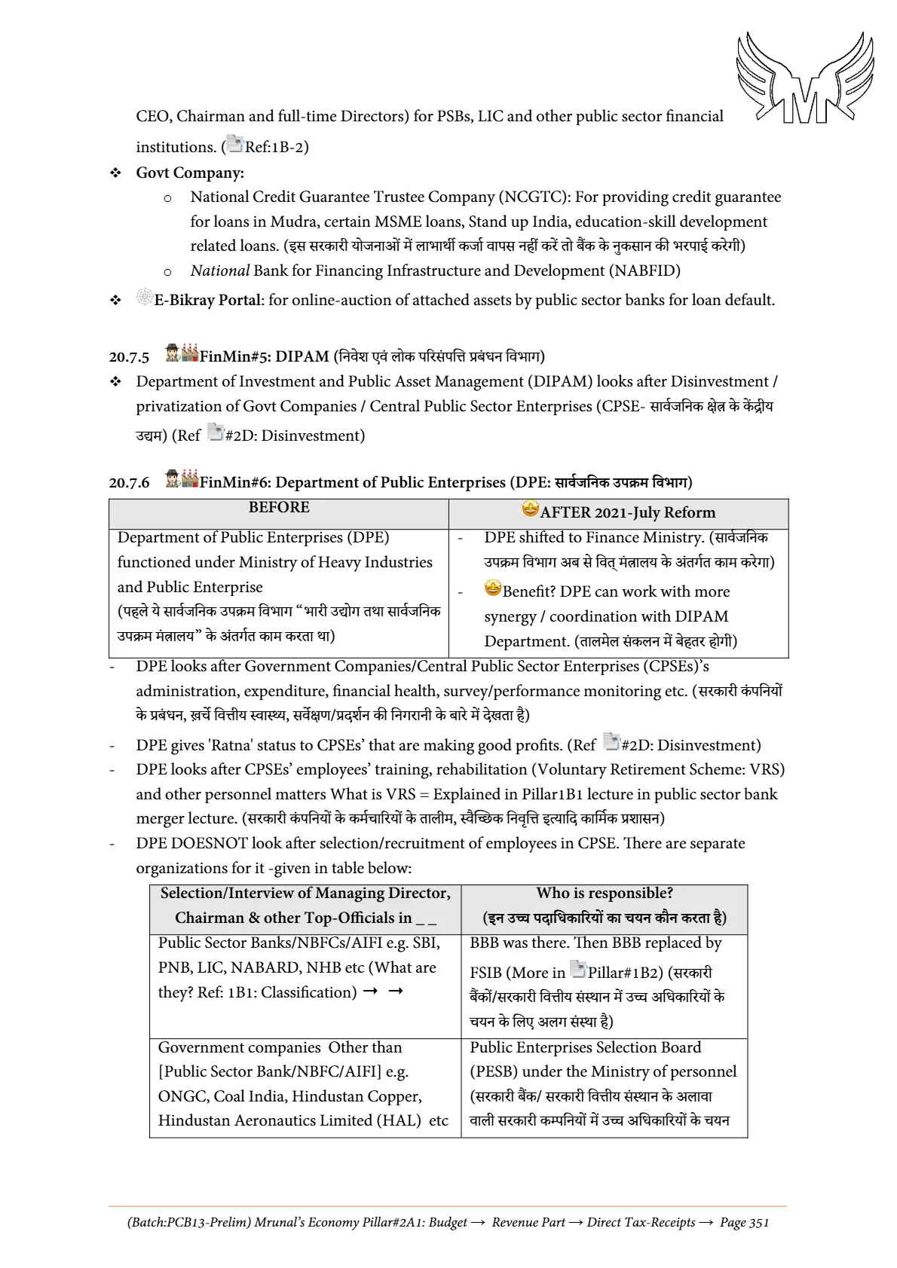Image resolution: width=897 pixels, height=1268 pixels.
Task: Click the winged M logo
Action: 805,78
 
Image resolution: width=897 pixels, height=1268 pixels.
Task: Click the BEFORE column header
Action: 279,508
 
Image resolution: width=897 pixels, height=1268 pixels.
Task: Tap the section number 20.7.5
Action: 129,357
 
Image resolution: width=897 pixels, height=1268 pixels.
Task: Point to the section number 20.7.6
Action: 129,483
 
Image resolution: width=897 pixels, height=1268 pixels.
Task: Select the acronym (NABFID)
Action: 644,271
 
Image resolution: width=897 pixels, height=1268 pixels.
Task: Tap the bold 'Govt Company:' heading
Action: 190,173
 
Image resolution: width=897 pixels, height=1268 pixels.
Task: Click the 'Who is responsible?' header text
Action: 605,894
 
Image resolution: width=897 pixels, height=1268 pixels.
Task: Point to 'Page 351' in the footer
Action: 744,1222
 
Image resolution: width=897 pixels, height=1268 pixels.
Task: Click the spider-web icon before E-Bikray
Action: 145,297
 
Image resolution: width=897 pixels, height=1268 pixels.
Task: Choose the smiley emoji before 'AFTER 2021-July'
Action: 531,509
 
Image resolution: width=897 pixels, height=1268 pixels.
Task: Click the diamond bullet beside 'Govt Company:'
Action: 115,173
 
